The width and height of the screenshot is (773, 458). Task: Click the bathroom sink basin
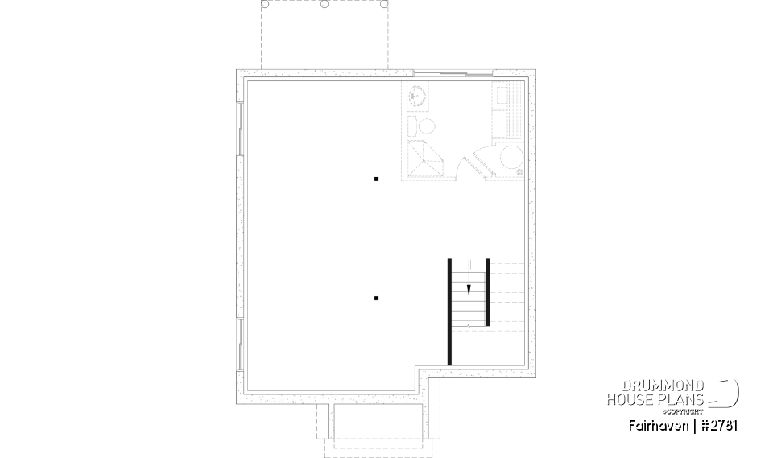(417, 96)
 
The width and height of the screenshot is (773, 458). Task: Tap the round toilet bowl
(426, 126)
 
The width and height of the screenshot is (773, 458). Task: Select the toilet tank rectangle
(411, 126)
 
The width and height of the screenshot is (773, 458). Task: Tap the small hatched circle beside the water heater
(519, 173)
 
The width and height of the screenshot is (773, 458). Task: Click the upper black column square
(376, 179)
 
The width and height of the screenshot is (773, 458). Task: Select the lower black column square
(376, 299)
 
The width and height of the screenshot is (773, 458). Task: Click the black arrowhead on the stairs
(469, 290)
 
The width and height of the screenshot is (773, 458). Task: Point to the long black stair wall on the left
(449, 312)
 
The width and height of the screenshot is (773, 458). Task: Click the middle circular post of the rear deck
(324, 4)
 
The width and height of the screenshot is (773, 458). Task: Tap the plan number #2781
(717, 424)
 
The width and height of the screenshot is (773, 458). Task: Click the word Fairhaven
(658, 424)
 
